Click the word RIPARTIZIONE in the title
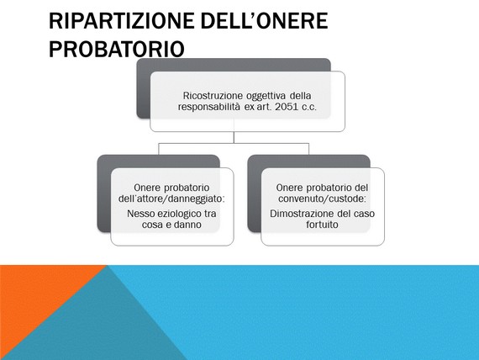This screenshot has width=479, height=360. (x=122, y=21)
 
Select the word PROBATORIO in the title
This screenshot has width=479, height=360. (x=117, y=49)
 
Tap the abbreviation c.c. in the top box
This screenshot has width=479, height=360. (x=309, y=108)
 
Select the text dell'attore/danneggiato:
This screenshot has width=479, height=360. (x=171, y=199)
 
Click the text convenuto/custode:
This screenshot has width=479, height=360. (x=322, y=199)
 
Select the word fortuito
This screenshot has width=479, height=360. (x=322, y=225)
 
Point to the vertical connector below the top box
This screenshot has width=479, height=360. (x=234, y=137)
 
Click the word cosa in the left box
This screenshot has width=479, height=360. (x=152, y=225)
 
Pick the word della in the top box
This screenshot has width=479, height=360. (x=300, y=95)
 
